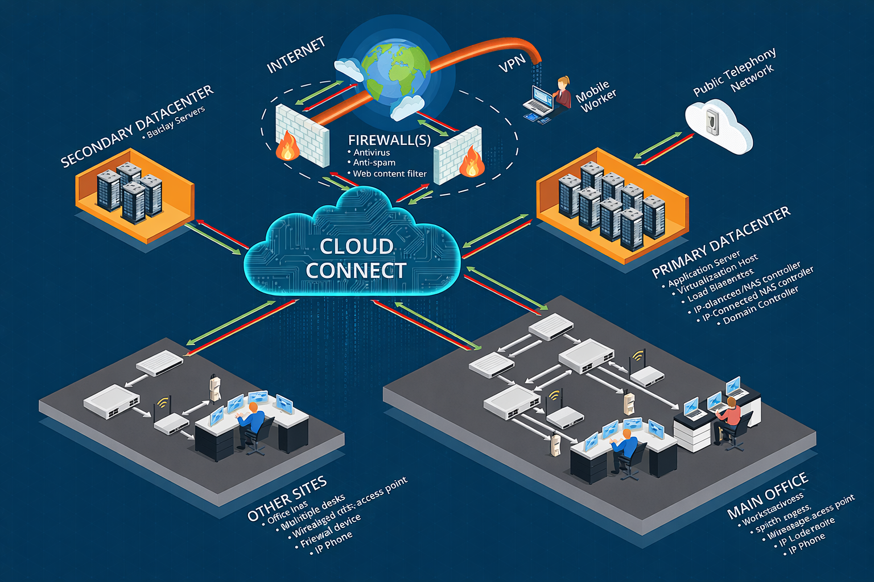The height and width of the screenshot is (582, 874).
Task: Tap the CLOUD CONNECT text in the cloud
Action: (x=355, y=259)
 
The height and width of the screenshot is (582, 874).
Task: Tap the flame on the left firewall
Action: (x=287, y=147)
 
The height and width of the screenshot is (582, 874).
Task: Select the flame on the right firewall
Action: (x=472, y=163)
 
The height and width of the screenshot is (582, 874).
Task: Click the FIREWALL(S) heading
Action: (x=389, y=140)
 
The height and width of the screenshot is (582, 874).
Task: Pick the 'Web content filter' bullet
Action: (x=389, y=174)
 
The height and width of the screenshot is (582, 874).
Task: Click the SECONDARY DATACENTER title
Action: (x=137, y=126)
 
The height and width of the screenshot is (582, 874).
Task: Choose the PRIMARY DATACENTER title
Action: (x=721, y=242)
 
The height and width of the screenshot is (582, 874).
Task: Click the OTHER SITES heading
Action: (x=287, y=498)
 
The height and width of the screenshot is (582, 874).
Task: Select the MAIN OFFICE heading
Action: (x=768, y=495)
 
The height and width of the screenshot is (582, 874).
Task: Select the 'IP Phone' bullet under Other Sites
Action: (x=334, y=542)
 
